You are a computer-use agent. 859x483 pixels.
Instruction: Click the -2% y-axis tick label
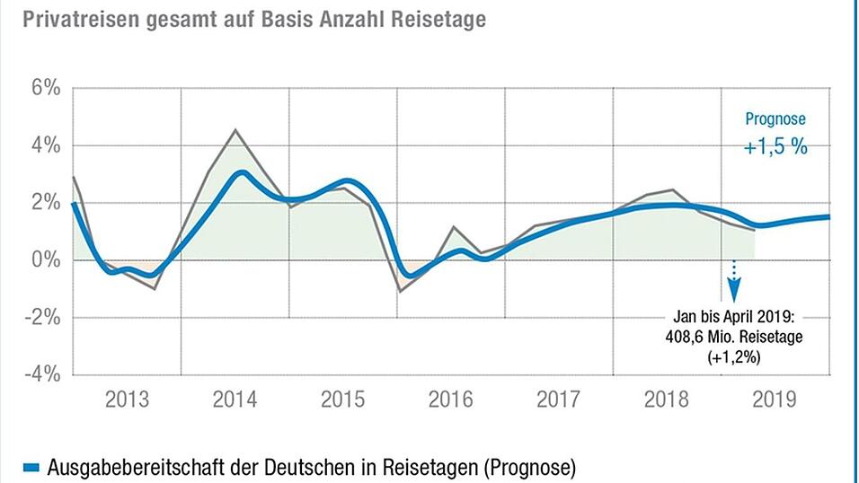coord(41,317)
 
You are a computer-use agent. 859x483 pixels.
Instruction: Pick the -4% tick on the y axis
coord(41,373)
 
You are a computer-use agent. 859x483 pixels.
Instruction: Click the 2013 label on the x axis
coord(127,400)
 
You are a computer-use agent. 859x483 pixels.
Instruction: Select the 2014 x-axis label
coord(235,400)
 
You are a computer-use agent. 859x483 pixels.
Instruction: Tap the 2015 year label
coord(342,400)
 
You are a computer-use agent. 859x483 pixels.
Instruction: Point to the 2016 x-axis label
coord(451,400)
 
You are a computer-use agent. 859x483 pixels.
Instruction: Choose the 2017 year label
coord(559,400)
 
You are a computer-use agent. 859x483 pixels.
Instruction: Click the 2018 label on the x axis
coord(668,400)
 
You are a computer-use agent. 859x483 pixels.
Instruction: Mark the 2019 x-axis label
coord(775,400)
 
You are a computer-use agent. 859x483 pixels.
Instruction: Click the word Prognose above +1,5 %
coord(776,119)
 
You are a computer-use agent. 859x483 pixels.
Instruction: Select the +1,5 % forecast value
coord(775,146)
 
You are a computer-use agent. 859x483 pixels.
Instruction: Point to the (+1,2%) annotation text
coord(734,356)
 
